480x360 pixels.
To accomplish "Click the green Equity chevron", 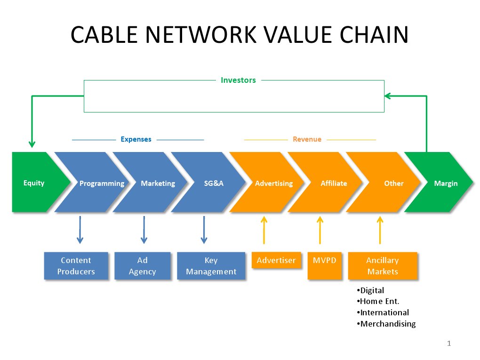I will [34, 183].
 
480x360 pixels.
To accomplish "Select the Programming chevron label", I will [102, 184].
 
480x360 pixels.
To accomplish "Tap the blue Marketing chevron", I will [158, 183].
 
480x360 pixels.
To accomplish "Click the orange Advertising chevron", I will [273, 183].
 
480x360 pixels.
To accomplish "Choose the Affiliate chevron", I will [334, 183].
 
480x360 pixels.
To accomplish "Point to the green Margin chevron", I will [445, 183].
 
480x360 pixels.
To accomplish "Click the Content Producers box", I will [76, 266].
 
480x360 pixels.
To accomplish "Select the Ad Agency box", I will [142, 266].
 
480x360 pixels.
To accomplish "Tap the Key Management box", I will [211, 266].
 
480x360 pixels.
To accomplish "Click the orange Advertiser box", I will [276, 260].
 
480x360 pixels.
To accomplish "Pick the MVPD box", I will [324, 260].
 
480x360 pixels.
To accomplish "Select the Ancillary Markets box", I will [382, 266].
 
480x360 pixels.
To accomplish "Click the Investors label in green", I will [238, 80].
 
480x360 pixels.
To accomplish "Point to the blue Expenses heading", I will [136, 139].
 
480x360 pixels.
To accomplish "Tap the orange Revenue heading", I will [307, 139].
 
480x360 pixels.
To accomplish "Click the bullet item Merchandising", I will [388, 324].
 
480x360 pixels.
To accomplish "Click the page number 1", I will [448, 344].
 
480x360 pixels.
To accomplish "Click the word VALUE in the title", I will [292, 35].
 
